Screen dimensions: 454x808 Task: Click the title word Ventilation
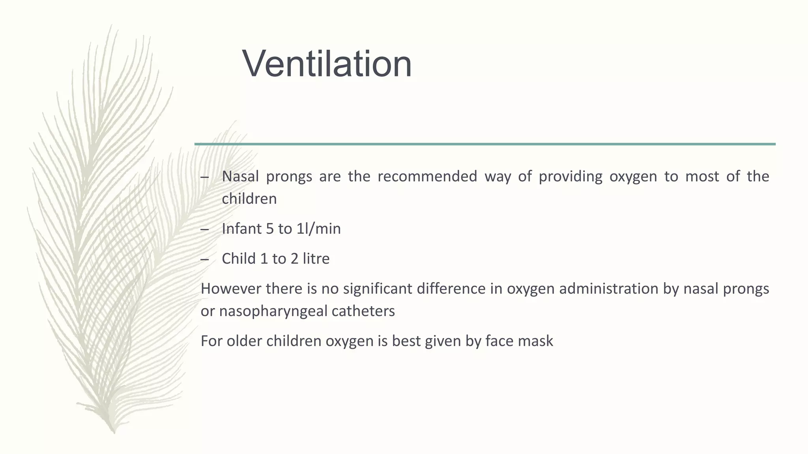(x=327, y=64)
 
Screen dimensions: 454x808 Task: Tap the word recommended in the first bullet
(x=427, y=176)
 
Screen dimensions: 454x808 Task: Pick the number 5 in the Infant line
(x=270, y=229)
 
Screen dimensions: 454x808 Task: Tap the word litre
(x=316, y=259)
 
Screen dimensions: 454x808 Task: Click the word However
(x=231, y=289)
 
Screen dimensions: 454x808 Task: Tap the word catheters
(x=363, y=311)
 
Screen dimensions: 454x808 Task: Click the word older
(x=244, y=341)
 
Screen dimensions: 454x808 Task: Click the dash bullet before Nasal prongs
(x=204, y=177)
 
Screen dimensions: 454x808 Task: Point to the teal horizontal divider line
(x=485, y=144)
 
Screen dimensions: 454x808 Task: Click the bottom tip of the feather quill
(x=114, y=432)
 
